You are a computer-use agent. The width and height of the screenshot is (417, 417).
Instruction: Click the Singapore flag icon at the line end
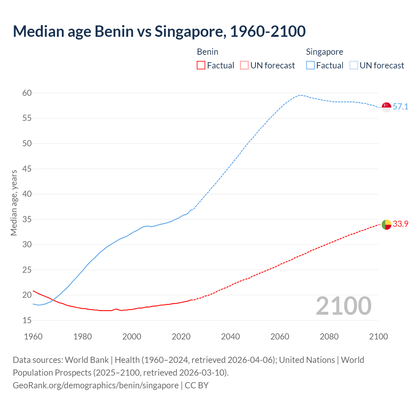pos(386,107)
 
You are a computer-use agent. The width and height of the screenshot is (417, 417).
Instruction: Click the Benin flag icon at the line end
pos(386,224)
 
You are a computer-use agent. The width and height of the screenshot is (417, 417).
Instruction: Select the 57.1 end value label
pos(400,107)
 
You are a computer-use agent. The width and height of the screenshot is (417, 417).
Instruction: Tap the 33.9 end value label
pos(400,224)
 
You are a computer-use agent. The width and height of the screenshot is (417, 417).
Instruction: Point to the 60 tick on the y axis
pos(27,93)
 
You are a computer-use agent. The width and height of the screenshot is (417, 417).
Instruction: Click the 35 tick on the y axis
pos(27,219)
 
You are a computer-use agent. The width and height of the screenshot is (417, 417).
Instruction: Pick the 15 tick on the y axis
pos(27,320)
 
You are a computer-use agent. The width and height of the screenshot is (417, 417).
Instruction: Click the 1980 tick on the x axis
pos(82,337)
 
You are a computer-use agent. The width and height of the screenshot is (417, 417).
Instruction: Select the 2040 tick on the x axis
pos(230,337)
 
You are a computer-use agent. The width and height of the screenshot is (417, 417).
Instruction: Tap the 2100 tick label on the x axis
pos(379,337)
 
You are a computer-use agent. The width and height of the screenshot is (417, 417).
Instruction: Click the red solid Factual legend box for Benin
pos(201,65)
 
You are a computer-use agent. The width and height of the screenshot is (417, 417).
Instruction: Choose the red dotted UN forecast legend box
pos(244,65)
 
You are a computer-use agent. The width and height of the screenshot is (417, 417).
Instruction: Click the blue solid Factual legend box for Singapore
pos(310,65)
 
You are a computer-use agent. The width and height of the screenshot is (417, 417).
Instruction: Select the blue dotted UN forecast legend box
pos(354,65)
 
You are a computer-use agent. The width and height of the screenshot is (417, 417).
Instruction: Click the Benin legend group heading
pos(208,52)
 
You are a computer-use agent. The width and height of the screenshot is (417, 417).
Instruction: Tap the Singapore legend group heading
pos(324,52)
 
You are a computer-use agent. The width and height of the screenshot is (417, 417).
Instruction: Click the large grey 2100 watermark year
pos(344,306)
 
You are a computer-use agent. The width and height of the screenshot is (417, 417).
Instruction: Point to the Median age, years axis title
pos(14,203)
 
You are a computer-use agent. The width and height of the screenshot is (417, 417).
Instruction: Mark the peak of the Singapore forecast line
pos(301,95)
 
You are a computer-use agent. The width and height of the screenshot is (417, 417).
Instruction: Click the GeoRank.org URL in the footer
pos(95,385)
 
